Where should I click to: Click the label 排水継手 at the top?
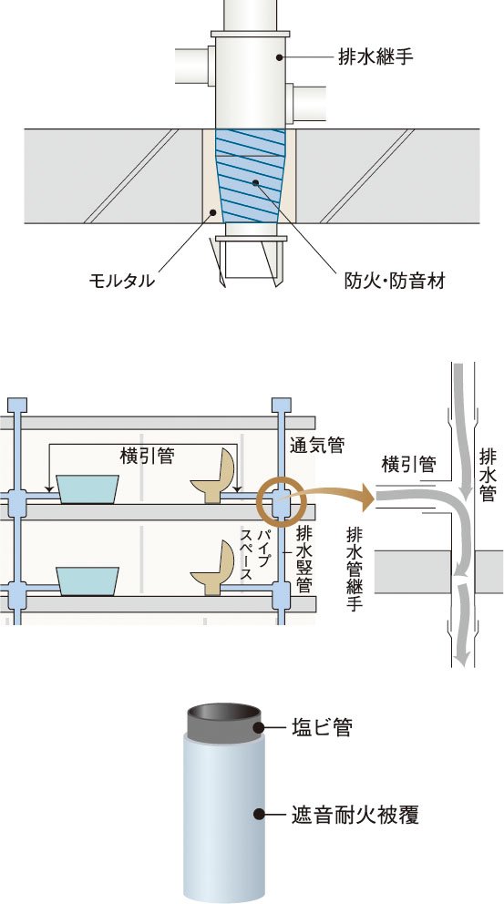click(376, 57)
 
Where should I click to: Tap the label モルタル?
click(121, 282)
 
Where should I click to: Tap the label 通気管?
click(318, 445)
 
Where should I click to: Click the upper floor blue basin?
click(87, 488)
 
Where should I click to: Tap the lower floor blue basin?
click(87, 580)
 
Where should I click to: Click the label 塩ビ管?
click(325, 728)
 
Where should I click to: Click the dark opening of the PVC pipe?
click(224, 714)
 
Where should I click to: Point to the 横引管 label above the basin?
click(147, 456)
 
